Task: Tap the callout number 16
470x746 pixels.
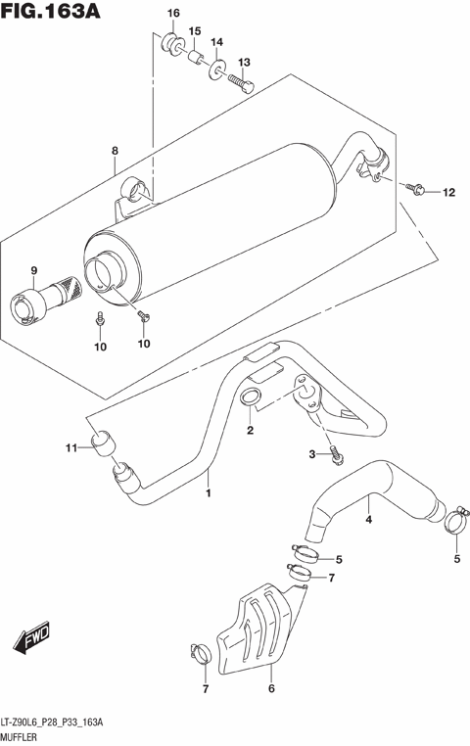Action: coord(173,13)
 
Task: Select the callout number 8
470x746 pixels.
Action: coord(115,151)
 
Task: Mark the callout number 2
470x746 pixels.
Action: coord(250,431)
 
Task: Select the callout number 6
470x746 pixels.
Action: coord(270,689)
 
